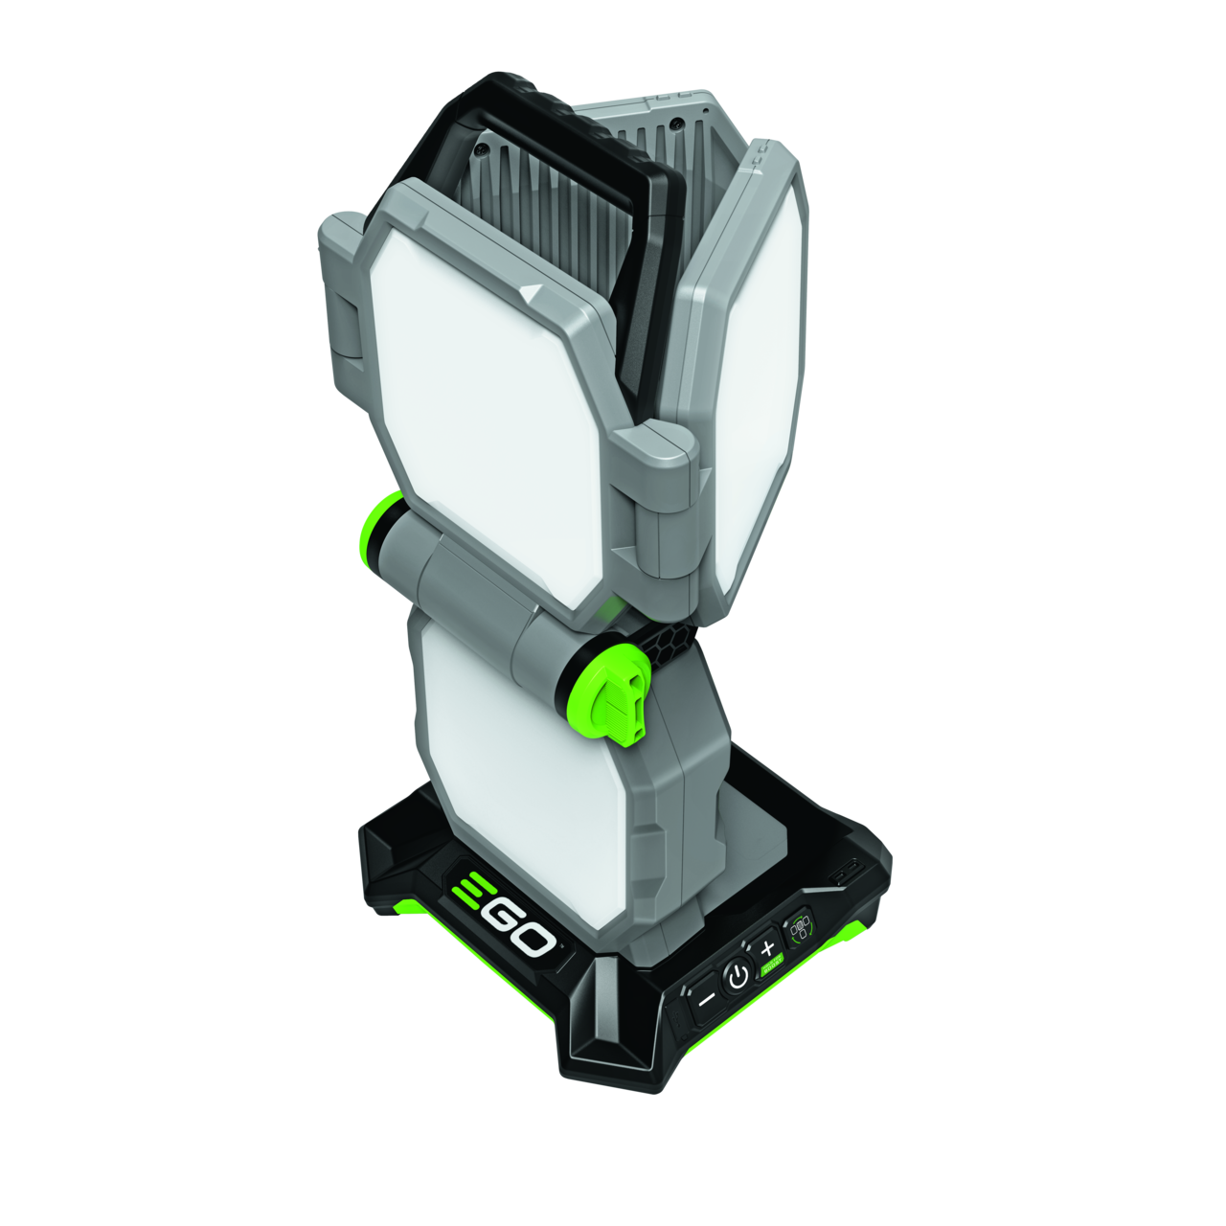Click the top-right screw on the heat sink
pos(677,124)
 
